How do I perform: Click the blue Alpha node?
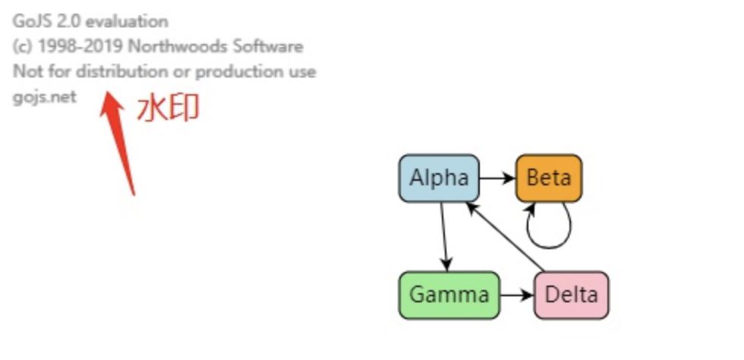click(439, 178)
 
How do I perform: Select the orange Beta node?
click(549, 178)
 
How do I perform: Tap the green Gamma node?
click(449, 295)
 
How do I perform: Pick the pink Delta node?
click(571, 295)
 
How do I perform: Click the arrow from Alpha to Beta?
click(497, 178)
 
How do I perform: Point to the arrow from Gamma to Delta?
click(517, 295)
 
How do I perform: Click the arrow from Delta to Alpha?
click(507, 236)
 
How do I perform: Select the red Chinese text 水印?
click(168, 109)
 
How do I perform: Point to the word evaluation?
click(127, 21)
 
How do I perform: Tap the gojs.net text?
click(45, 97)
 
